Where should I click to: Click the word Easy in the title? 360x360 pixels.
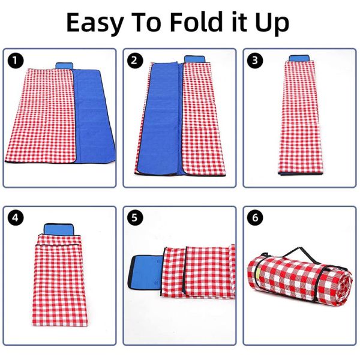click(x=98, y=23)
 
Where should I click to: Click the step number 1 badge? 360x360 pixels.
click(x=15, y=60)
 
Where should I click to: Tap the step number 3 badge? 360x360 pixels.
click(x=254, y=60)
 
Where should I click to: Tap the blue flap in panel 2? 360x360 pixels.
click(x=194, y=59)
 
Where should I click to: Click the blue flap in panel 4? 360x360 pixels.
click(x=58, y=230)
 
